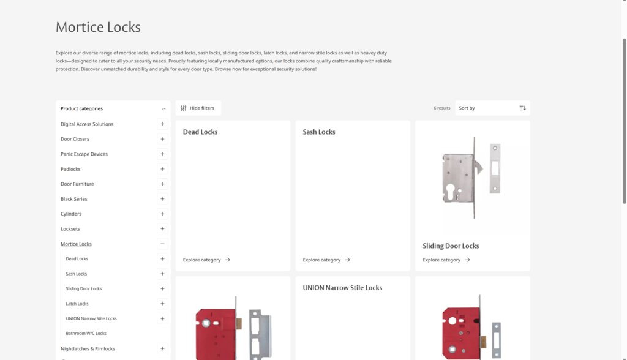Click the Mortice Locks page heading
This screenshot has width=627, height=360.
(x=98, y=27)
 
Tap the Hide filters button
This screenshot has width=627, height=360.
(x=198, y=108)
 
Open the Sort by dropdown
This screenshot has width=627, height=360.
(x=492, y=108)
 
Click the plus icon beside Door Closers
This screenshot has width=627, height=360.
(x=162, y=139)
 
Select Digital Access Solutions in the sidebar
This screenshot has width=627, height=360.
(x=87, y=124)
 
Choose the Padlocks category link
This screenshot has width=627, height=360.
(x=70, y=169)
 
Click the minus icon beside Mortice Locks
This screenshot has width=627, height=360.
(x=162, y=244)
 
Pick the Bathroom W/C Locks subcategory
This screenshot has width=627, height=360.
(x=86, y=333)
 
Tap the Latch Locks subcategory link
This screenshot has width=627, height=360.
(x=77, y=304)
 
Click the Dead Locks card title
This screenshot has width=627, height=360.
(x=200, y=132)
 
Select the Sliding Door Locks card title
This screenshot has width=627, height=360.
(x=451, y=246)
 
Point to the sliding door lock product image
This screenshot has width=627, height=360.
(x=472, y=178)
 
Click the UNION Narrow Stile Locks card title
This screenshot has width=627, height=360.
(x=342, y=288)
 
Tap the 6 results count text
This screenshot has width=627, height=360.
(x=442, y=108)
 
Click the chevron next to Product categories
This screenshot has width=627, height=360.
(x=163, y=109)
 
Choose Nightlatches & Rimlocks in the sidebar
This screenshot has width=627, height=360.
(x=88, y=349)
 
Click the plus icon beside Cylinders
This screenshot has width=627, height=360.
(x=162, y=214)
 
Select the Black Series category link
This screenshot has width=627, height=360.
(x=73, y=199)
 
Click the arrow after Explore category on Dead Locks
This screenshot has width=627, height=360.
(x=228, y=260)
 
